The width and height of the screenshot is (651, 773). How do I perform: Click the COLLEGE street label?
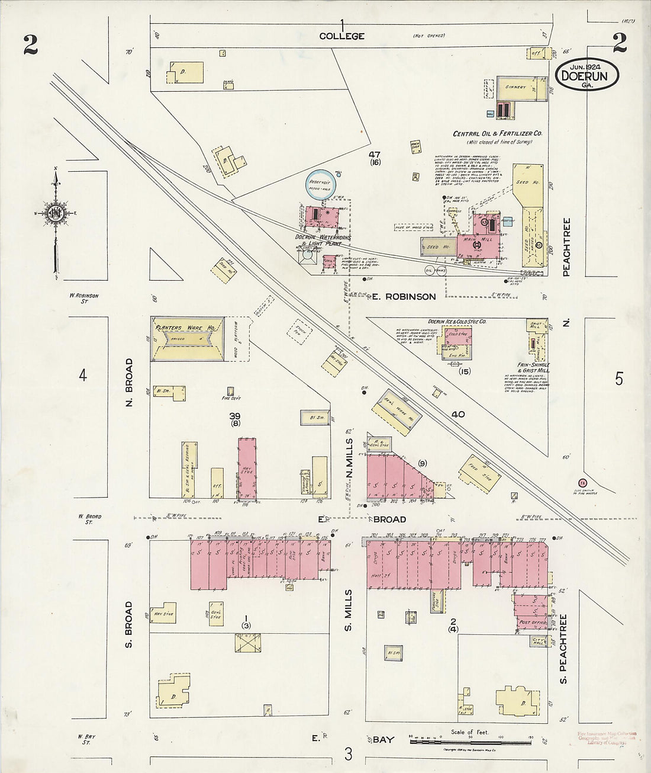(341, 36)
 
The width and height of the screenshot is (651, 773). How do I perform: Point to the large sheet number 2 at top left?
(31, 45)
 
